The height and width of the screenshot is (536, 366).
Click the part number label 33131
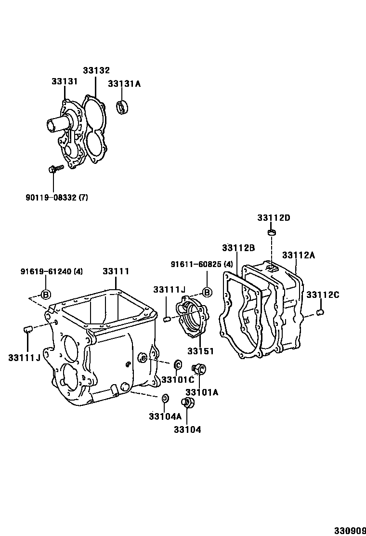point(65,81)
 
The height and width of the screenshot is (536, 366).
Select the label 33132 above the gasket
point(96,70)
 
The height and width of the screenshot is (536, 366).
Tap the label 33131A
point(124,84)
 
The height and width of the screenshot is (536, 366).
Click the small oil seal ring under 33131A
point(122,107)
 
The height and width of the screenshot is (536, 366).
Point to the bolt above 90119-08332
point(56,169)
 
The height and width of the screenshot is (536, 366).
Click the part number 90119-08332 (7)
point(57,198)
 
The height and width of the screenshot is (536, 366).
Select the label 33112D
point(274,218)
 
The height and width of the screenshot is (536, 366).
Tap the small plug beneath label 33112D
point(272,233)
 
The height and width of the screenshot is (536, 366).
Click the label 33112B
point(238,248)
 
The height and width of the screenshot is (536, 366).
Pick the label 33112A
point(299,255)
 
